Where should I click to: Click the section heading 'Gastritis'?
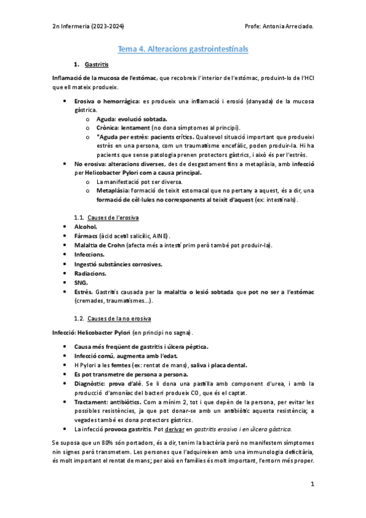coord(97,64)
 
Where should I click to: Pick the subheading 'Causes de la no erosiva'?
coord(120,318)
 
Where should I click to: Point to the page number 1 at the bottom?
coord(312,484)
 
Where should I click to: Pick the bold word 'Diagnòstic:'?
coord(92,383)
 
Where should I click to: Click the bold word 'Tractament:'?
coord(93,402)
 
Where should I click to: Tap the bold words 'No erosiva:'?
coord(92,164)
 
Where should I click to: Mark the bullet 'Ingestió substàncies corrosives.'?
coord(118,264)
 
